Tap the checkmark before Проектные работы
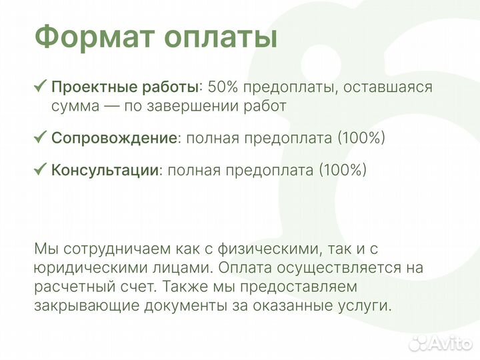tap(40, 86)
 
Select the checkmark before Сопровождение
tap(40, 137)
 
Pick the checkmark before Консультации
tap(40, 169)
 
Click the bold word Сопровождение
tap(114, 138)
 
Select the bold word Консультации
tap(105, 169)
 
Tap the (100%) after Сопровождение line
tap(361, 138)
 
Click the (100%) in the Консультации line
tap(343, 169)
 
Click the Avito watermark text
tap(451, 342)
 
